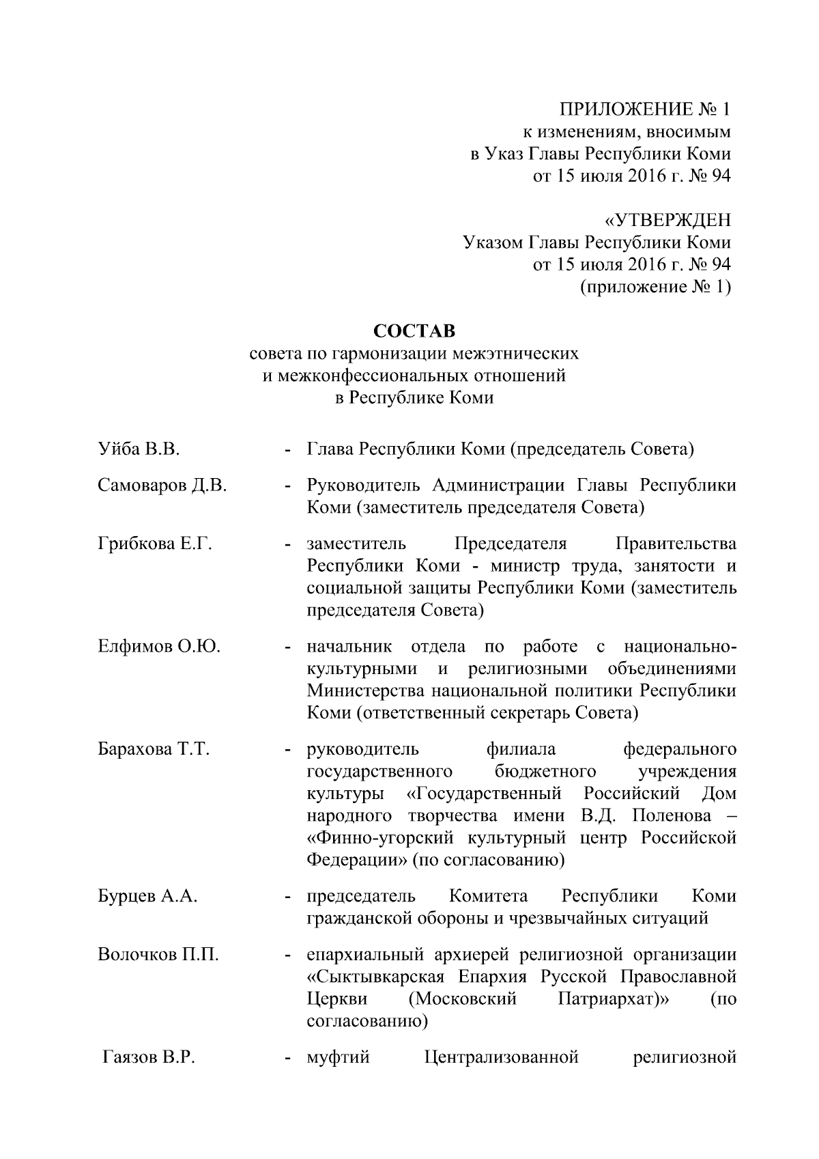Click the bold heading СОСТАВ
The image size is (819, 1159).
414,331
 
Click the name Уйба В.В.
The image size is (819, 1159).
138,449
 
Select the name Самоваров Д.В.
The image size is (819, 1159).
162,486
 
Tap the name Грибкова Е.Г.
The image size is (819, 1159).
155,544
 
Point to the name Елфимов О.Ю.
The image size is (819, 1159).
159,647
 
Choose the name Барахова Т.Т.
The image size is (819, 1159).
153,749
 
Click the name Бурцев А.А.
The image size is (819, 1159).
147,896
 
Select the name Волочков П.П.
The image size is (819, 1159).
158,955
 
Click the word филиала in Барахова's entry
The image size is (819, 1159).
521,749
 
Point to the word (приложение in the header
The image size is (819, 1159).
629,287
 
